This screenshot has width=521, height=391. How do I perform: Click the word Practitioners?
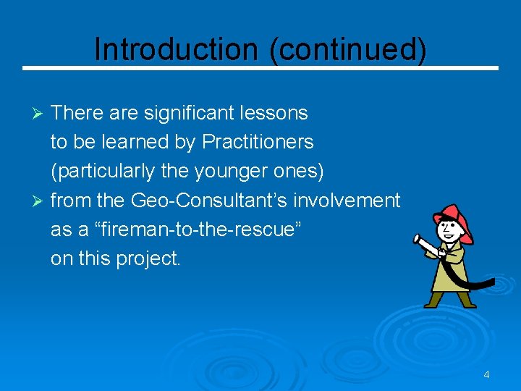pos(258,143)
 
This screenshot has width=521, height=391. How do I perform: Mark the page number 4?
pos(486,374)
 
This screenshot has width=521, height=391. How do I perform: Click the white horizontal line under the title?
pos(260,68)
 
